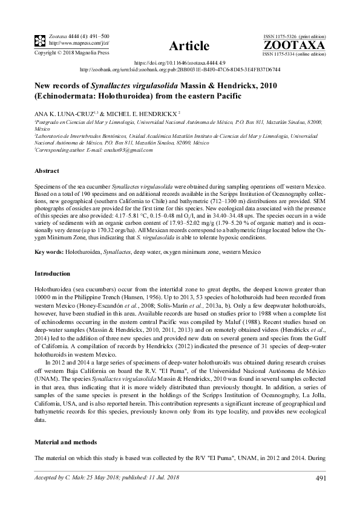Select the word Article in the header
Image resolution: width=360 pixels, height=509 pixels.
point(190,46)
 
